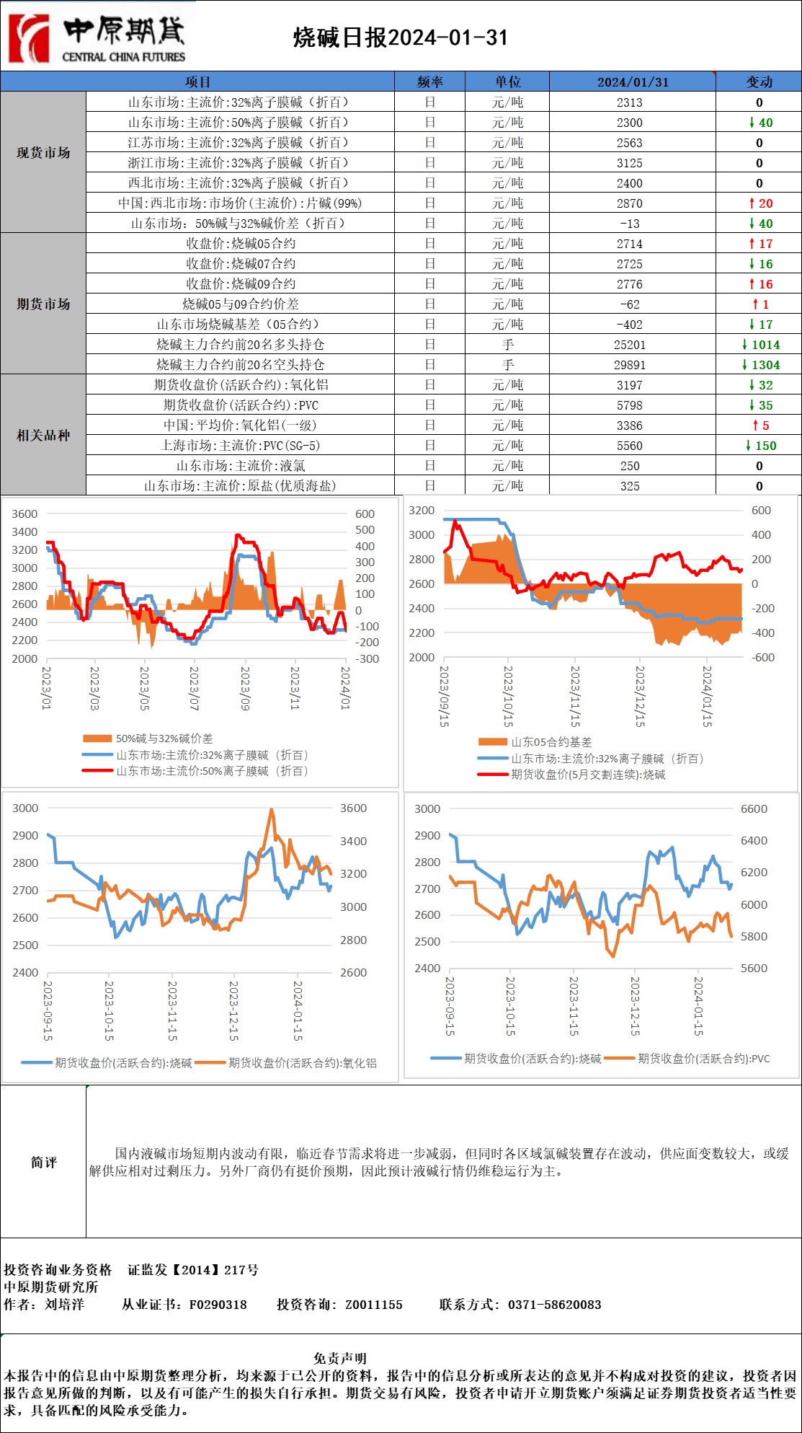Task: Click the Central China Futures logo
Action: point(97,38)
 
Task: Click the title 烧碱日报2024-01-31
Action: point(401,38)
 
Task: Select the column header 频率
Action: point(429,81)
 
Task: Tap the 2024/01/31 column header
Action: point(632,81)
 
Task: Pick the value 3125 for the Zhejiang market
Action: point(629,163)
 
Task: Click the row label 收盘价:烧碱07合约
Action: point(240,264)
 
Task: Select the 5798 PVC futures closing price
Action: point(629,405)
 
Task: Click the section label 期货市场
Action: point(43,304)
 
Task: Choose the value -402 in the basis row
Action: point(629,325)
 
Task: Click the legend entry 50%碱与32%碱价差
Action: point(164,738)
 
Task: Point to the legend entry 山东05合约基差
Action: point(551,741)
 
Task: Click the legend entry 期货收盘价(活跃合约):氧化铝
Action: point(302,1062)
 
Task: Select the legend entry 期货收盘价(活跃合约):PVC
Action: point(703,1059)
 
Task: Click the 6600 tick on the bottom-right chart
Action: point(754,808)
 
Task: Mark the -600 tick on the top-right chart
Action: point(762,657)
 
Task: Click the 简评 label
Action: point(43,1162)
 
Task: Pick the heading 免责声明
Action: point(340,1358)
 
